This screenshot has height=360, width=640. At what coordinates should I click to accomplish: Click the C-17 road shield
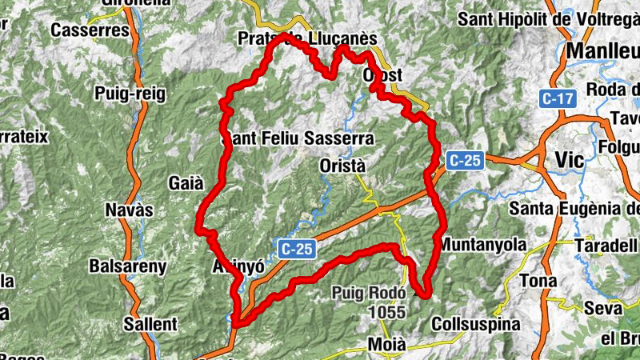[x=557, y=99]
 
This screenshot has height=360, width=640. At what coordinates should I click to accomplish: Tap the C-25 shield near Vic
[x=465, y=160]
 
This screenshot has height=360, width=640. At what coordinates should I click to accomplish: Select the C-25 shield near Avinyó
[x=296, y=249]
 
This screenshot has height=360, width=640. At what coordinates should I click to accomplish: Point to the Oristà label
[x=342, y=166]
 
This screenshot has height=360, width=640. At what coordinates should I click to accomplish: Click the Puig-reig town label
[x=130, y=94]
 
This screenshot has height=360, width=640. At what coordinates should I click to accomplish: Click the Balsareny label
[x=128, y=266]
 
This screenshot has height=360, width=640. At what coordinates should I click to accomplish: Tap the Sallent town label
[x=150, y=324]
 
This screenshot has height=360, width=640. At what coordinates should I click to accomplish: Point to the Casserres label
[x=90, y=30]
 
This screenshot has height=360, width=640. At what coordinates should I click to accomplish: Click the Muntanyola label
[x=483, y=244]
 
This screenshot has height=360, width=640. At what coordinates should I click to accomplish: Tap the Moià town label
[x=387, y=345]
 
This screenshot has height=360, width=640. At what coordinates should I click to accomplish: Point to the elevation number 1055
[x=388, y=313]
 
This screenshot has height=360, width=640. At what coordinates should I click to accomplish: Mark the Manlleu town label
[x=602, y=51]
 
